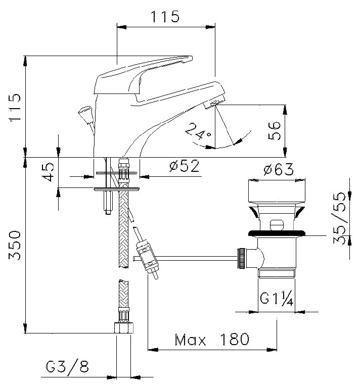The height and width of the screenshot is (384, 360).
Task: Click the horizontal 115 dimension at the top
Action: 165,17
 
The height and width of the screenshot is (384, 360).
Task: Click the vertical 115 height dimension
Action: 15,108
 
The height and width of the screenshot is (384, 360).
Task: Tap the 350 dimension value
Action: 15,245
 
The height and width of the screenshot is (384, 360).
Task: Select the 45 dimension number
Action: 48,172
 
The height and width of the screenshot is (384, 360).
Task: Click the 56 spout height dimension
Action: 274,131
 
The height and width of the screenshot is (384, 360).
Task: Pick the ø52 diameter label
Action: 184,166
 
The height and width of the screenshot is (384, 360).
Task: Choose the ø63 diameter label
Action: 279,169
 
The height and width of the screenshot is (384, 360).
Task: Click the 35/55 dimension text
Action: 339,218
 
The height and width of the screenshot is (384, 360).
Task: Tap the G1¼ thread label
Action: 277,298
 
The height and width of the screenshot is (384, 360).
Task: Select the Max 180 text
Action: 212,340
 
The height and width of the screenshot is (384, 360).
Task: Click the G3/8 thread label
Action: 67,366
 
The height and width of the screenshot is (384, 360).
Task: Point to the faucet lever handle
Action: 143,75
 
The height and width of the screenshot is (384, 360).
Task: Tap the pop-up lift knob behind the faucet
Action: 85,115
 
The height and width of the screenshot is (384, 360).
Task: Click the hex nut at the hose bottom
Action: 124,328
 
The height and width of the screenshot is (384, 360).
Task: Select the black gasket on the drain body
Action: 277,233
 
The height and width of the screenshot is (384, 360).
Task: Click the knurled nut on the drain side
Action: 242,259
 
